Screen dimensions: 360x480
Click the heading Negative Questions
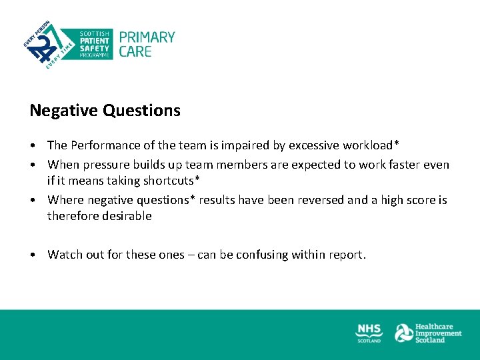click(105, 111)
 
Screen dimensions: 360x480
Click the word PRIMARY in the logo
click(147, 37)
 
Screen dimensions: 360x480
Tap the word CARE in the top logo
click(135, 51)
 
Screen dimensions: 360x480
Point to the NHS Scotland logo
click(369, 332)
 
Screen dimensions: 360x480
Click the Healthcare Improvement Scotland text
click(438, 333)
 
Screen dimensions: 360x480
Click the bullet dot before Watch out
click(33, 255)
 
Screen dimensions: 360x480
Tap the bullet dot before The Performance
click(33, 145)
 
